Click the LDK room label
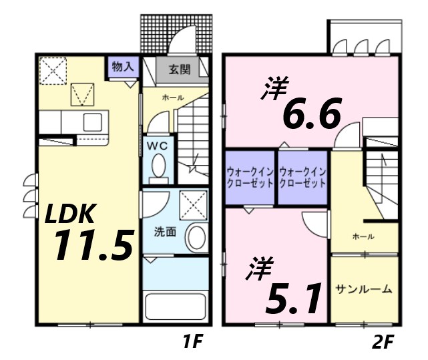tap(71, 215)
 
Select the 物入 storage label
tap(124, 67)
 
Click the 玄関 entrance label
tap(180, 68)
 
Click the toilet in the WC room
tap(159, 168)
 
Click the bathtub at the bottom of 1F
tap(174, 307)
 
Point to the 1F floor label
tap(192, 343)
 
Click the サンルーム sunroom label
tap(364, 289)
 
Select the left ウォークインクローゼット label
tap(250, 176)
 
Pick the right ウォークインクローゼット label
tap(302, 176)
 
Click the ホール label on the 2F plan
tap(363, 236)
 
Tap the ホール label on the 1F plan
tap(173, 98)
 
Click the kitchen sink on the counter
tap(93, 122)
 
